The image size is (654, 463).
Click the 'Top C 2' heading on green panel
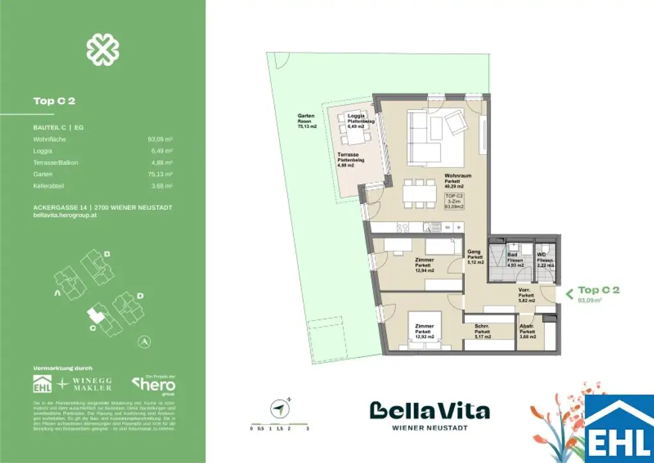54,100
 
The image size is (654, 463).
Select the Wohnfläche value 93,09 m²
160,139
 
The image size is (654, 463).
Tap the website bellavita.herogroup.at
65,216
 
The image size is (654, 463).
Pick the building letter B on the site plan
107,255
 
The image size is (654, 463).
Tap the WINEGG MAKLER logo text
93,384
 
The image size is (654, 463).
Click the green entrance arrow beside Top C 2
567,294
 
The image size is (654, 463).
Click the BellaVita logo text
430,411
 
